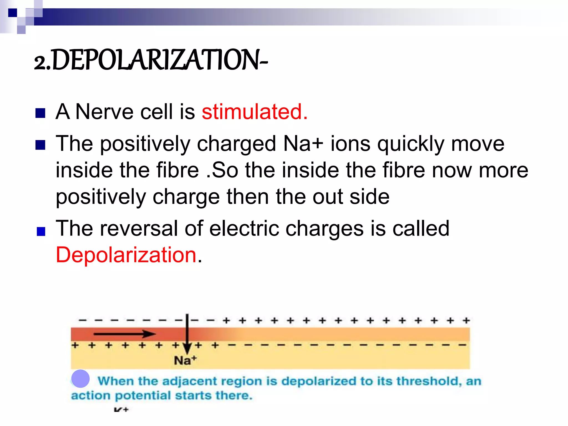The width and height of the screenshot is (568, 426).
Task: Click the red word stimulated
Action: (254, 112)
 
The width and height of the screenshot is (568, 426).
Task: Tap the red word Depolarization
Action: (126, 255)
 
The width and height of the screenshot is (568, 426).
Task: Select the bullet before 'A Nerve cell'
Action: (40, 113)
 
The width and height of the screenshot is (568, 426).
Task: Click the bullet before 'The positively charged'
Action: (40, 145)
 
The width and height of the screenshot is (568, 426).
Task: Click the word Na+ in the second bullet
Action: (303, 144)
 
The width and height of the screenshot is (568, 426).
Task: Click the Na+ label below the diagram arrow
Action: (185, 361)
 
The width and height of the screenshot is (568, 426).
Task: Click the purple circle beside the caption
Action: (80, 379)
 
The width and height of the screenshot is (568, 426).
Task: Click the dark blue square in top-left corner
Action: (12, 13)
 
